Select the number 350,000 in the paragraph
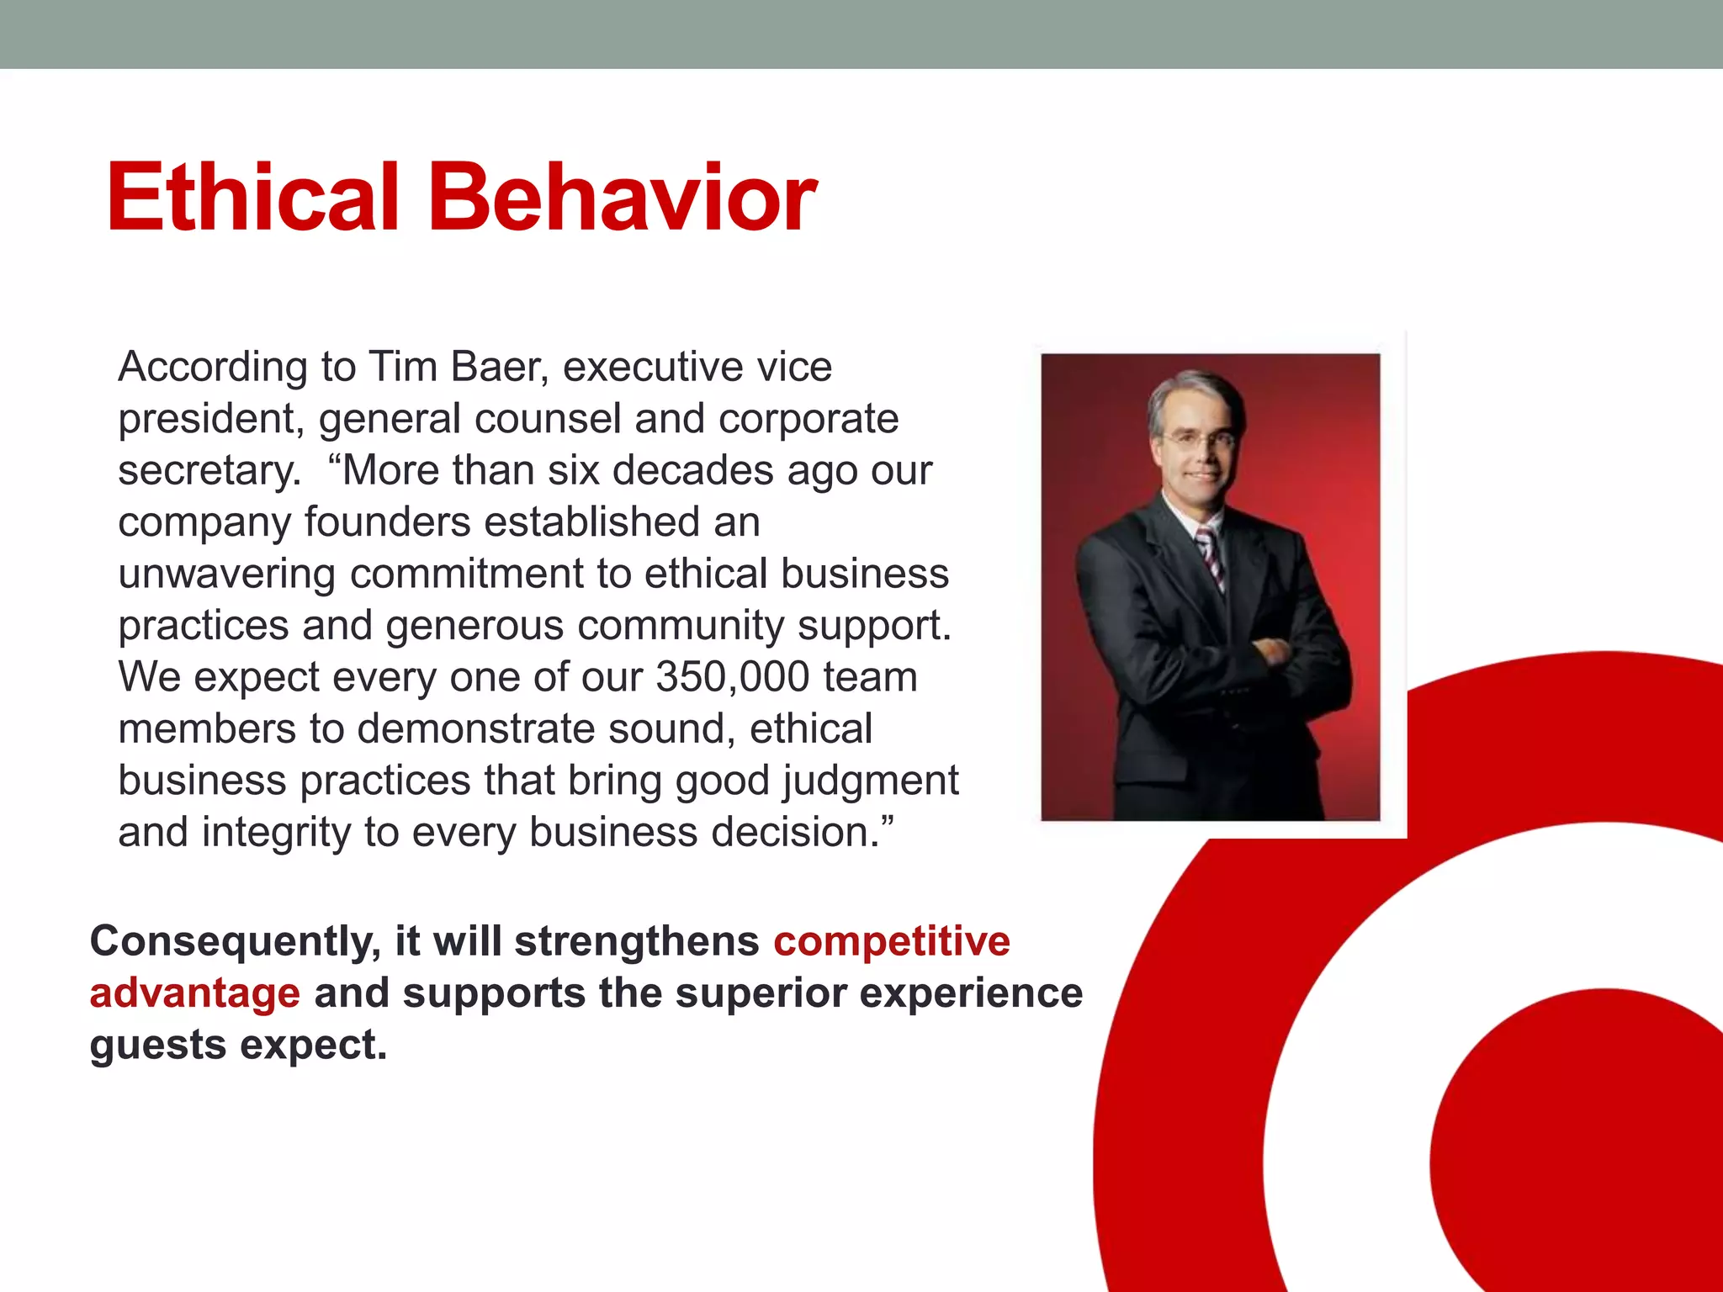[732, 677]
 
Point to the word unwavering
[227, 575]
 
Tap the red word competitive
[892, 941]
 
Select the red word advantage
[194, 993]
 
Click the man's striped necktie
[1211, 556]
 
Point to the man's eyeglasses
[1199, 438]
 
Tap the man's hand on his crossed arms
[1270, 651]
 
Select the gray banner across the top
[861, 34]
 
